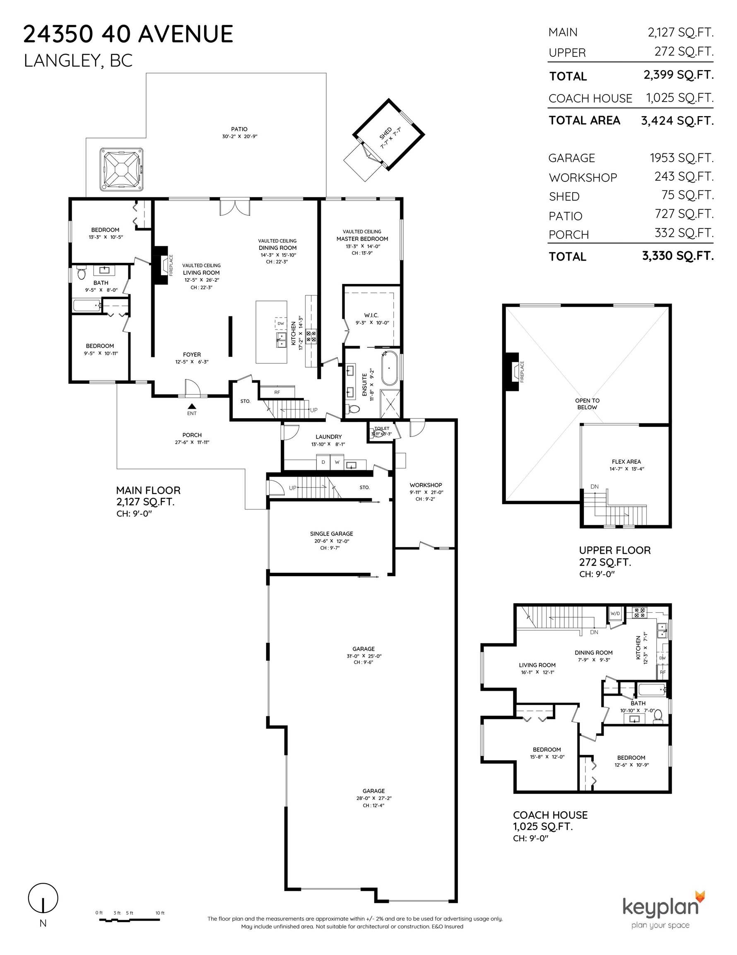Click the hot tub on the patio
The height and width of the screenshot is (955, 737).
(x=122, y=170)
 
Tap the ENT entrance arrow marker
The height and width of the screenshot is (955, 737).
(x=192, y=406)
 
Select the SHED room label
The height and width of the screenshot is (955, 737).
(x=386, y=133)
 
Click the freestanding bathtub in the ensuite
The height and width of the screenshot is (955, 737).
(x=389, y=368)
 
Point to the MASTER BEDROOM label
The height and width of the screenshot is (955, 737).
(x=362, y=239)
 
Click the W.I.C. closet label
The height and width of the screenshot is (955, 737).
(x=371, y=315)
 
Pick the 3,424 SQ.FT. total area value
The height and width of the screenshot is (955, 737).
(x=677, y=121)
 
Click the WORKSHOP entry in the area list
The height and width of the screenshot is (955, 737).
(x=583, y=177)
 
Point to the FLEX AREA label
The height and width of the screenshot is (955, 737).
(x=626, y=462)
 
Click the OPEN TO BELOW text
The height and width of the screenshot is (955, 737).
(x=587, y=404)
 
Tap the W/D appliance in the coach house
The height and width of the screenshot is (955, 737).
(x=615, y=613)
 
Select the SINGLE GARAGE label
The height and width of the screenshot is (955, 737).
(x=332, y=533)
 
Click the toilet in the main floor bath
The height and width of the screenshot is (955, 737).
(x=82, y=273)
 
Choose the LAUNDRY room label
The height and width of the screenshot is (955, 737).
(x=328, y=437)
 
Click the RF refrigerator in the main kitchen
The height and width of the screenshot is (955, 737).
(x=277, y=392)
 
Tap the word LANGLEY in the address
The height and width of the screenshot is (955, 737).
(x=61, y=61)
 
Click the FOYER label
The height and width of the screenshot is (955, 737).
(x=192, y=355)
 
